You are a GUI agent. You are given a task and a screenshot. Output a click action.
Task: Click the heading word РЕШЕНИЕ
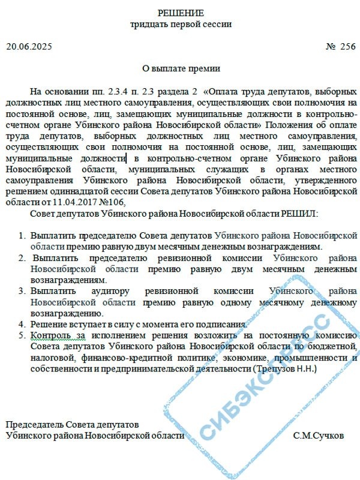(181, 13)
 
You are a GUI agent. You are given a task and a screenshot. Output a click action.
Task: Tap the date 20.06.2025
(29, 46)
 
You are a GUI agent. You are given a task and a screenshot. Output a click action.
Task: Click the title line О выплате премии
(181, 68)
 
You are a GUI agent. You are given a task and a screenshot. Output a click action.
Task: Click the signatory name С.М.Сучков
(319, 436)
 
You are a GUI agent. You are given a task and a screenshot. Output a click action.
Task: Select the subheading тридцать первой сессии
(181, 25)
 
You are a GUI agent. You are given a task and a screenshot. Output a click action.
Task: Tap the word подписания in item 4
(211, 324)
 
